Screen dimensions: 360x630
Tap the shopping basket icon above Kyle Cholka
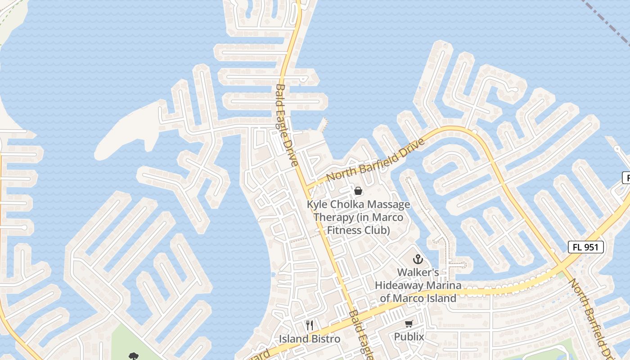pos(358,191)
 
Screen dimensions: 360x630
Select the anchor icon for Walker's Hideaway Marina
pos(418,259)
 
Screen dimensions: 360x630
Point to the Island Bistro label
pos(310,339)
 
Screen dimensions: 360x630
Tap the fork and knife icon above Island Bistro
pos(310,325)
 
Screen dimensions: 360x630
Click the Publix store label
pos(409,337)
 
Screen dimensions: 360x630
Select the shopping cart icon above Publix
pos(409,324)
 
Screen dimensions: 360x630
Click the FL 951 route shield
pos(585,247)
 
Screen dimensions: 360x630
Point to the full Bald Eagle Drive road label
pos(287,125)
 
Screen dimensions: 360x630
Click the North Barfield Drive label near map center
pos(376,160)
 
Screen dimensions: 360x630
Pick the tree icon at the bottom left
pos(133,356)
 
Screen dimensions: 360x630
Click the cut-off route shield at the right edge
pos(626,178)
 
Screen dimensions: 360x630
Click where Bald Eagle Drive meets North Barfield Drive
pos(306,187)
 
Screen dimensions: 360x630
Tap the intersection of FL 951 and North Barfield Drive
pos(560,266)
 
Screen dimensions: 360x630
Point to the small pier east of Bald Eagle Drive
pos(323,124)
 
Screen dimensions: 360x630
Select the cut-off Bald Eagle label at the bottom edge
pos(360,335)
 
